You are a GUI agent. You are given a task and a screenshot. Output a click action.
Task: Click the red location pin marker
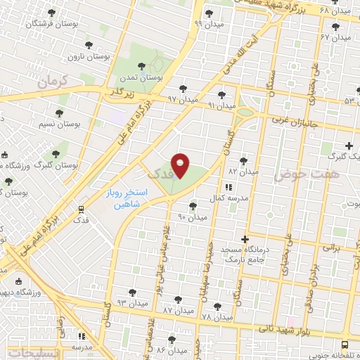click(x=180, y=165)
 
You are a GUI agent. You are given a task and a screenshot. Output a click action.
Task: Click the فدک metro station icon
click(x=82, y=209)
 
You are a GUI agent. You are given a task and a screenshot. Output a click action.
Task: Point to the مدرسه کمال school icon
click(x=228, y=188)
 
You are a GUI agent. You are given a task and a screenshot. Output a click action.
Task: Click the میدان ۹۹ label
click(x=208, y=24)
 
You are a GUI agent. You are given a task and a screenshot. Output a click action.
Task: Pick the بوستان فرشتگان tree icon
click(x=51, y=13)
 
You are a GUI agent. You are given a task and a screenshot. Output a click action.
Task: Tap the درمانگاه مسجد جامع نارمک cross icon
click(x=245, y=239)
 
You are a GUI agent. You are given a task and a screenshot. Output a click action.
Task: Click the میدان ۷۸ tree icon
click(x=217, y=306)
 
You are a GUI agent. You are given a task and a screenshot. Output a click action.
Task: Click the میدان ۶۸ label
click(x=334, y=10)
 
